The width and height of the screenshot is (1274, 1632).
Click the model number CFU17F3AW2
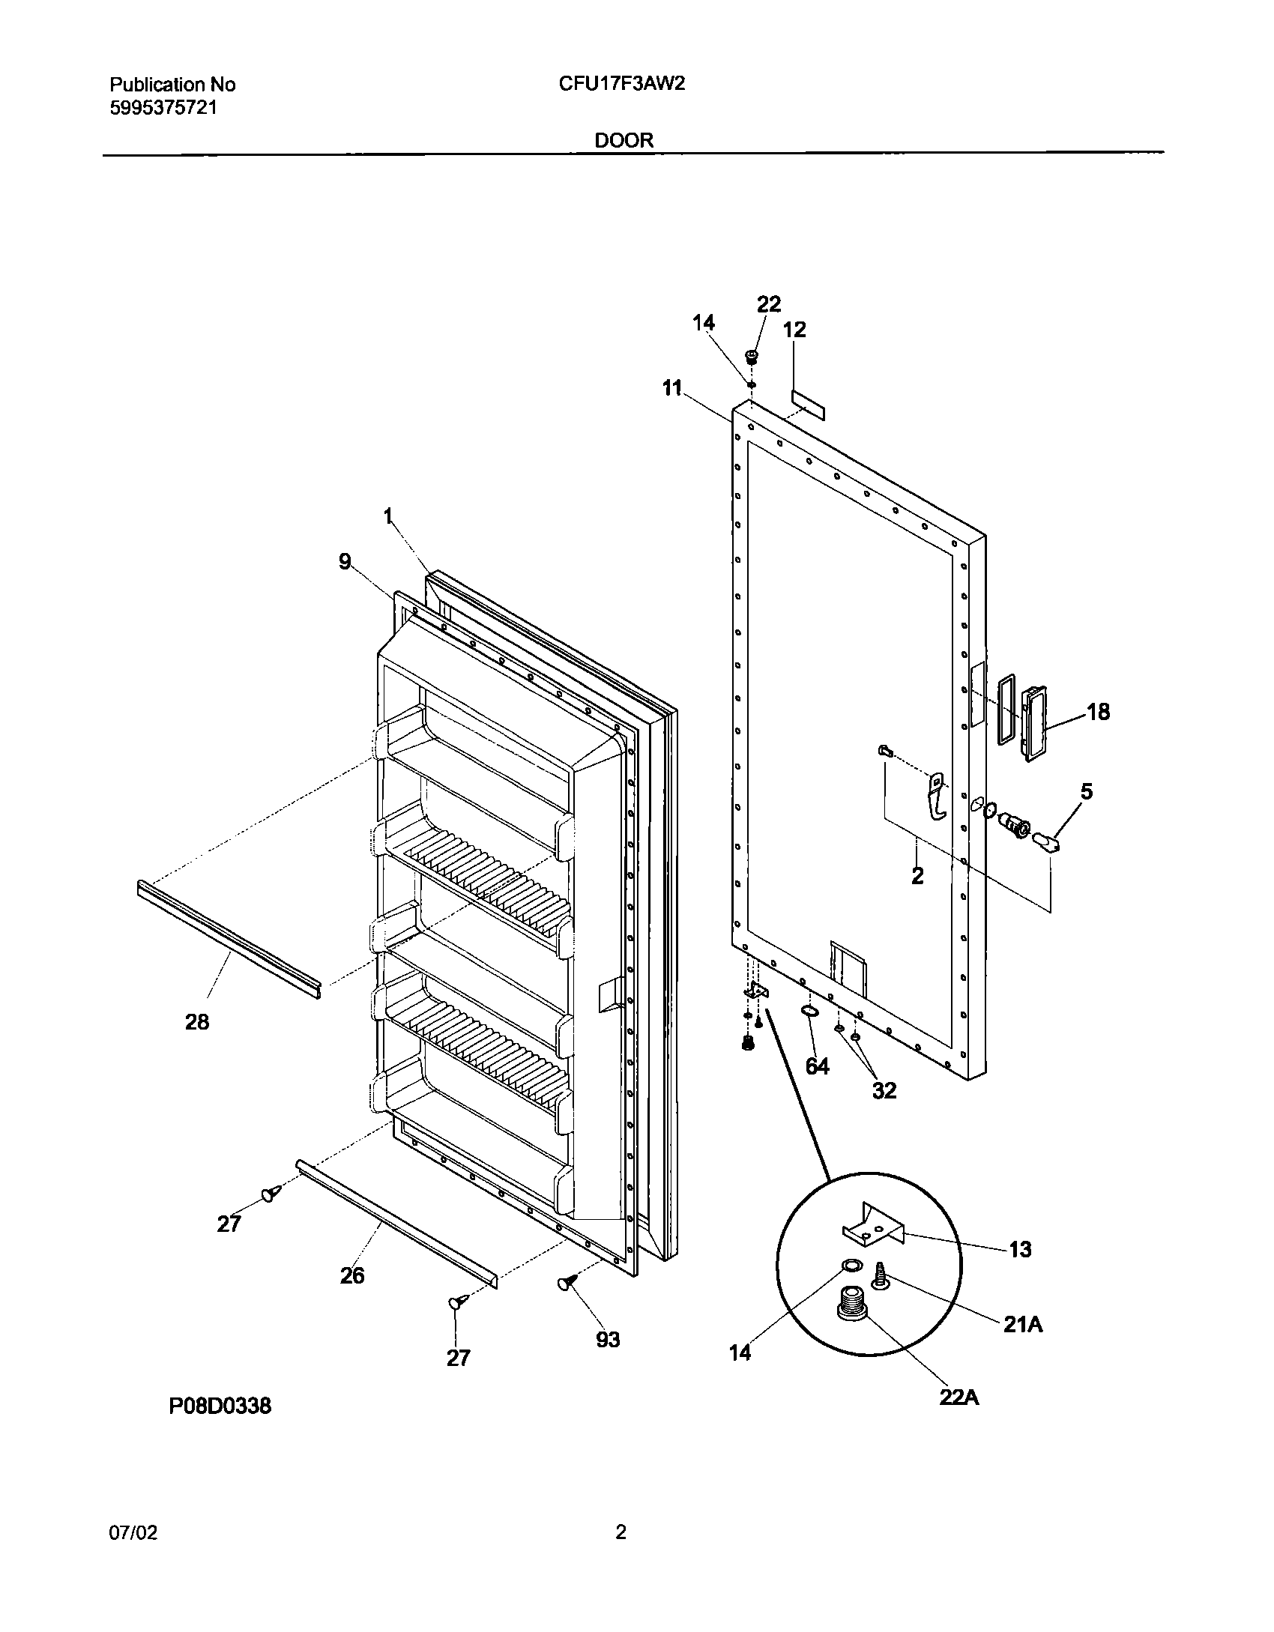[x=621, y=84]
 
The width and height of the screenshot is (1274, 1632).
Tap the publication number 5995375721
[x=163, y=108]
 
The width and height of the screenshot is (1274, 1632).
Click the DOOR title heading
[x=624, y=140]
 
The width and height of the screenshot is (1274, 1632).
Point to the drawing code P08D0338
[x=220, y=1406]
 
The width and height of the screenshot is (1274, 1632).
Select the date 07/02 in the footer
[x=133, y=1533]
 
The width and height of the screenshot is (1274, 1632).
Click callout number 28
[x=197, y=1021]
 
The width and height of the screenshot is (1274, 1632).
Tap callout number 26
[x=352, y=1275]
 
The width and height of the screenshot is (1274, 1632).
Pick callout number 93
[x=608, y=1339]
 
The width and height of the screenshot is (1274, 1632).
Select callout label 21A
[x=1023, y=1325]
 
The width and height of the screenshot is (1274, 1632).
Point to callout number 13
[x=1021, y=1249]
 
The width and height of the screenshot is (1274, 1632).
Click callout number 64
[x=817, y=1066]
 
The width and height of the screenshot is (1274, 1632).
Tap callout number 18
[x=1098, y=711]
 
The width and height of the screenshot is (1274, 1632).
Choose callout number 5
[x=1086, y=791]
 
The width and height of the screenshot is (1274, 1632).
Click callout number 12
[x=794, y=330]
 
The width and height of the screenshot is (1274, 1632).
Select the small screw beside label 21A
[x=881, y=1275]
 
